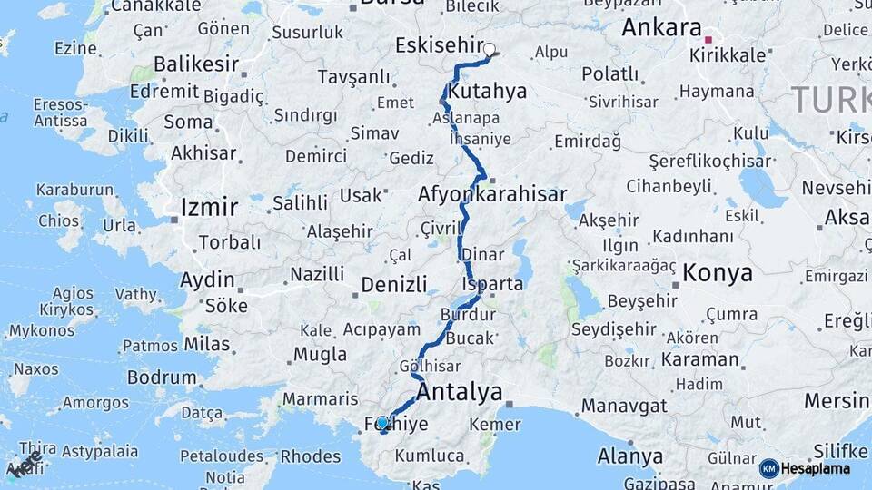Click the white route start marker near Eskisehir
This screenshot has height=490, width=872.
[490, 50]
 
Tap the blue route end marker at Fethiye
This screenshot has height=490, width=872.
[382, 422]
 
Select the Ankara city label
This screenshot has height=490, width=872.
[661, 28]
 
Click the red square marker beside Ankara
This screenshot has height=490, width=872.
[708, 40]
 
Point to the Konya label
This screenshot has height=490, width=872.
[718, 272]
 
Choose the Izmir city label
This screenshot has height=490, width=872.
[209, 208]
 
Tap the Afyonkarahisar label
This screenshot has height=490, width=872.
[492, 194]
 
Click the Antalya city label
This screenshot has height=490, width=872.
[460, 392]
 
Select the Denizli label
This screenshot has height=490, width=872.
[393, 284]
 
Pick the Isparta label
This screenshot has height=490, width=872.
[492, 284]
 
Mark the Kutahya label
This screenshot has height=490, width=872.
[487, 92]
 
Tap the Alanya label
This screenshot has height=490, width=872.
[630, 456]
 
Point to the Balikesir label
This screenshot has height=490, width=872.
[196, 64]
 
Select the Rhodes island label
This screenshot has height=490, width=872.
[311, 456]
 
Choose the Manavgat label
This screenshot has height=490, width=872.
[624, 406]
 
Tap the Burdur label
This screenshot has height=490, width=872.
[468, 315]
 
